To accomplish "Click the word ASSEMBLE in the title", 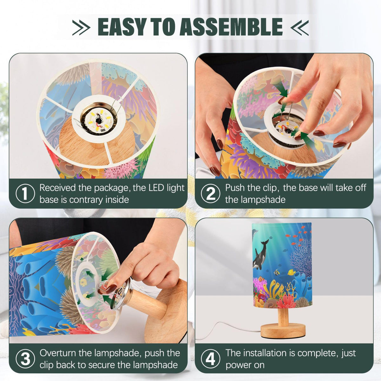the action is pyautogui.click(x=231, y=27).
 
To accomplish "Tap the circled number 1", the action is pyautogui.click(x=25, y=193).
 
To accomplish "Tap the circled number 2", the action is pyautogui.click(x=211, y=193).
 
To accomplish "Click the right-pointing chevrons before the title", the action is pyautogui.click(x=81, y=28).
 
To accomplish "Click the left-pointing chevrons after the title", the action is pyautogui.click(x=299, y=28).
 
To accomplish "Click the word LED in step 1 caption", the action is pyautogui.click(x=157, y=188).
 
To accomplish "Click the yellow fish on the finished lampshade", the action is pyautogui.click(x=291, y=273).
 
